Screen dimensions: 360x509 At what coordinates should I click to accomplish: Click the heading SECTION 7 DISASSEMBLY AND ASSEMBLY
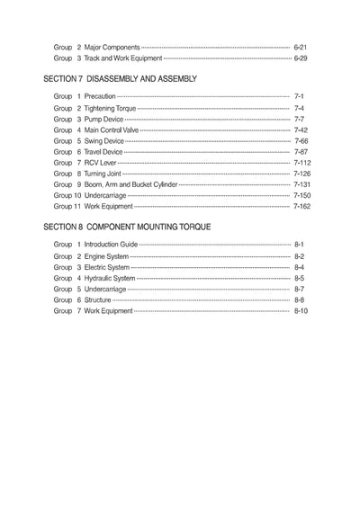pos(120,79)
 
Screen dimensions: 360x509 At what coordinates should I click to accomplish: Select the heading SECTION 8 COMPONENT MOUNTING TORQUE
pos(127,228)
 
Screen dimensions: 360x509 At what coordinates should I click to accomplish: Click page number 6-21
pos(301,44)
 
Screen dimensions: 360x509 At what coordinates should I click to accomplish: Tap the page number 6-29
pos(301,58)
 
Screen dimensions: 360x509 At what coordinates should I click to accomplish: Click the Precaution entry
pos(100,96)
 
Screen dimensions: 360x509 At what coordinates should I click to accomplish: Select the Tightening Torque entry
pos(110,108)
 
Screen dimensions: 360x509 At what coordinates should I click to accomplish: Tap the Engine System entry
pos(106,256)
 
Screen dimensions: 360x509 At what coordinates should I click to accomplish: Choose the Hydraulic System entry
pos(110,278)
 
